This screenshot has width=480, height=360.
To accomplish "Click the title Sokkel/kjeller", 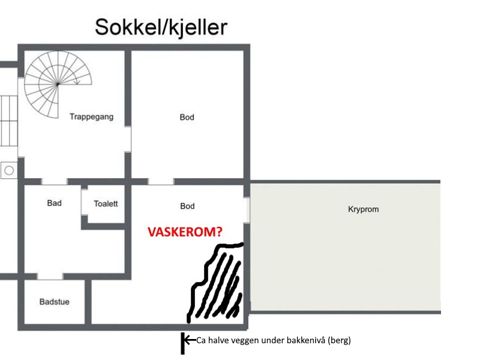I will [x=161, y=28].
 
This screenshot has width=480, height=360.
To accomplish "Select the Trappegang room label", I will [x=91, y=117].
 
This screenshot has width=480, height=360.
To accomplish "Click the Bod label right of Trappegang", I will [x=187, y=118].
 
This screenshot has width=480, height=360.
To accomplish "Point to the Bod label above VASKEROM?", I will [x=187, y=206].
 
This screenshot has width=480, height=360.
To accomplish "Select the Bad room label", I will [x=54, y=203].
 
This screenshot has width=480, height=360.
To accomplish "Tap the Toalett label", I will [x=106, y=204].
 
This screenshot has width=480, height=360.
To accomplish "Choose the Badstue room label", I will [x=54, y=302].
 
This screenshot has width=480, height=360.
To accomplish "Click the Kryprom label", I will [x=364, y=209].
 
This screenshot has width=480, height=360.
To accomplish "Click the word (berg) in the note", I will [x=338, y=341].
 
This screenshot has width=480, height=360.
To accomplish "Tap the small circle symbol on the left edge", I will [x=9, y=170].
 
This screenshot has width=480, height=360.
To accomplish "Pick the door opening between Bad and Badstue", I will [x=50, y=276].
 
